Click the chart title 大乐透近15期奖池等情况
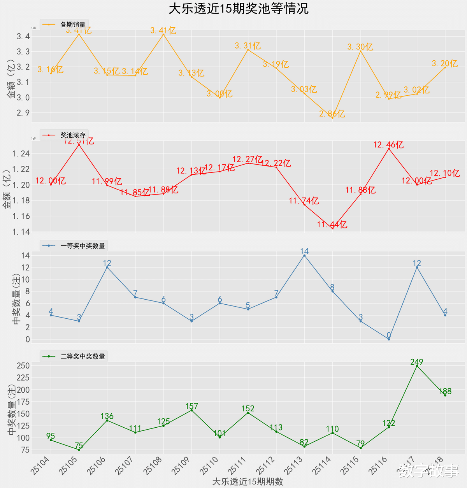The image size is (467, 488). (238, 9)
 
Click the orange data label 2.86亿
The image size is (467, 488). (332, 114)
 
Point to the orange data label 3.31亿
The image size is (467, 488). (248, 46)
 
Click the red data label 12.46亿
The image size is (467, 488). (388, 145)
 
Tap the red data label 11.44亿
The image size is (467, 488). (332, 225)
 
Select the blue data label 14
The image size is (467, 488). (304, 251)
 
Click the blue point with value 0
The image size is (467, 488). (389, 339)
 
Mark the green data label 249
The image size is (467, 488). (417, 362)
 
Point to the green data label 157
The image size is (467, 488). (191, 406)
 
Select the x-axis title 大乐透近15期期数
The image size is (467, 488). (248, 482)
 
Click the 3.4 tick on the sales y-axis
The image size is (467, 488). (23, 37)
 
